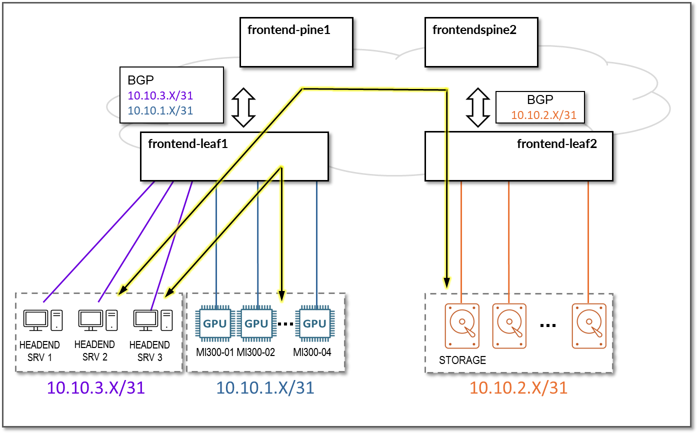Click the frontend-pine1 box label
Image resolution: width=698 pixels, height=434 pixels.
(x=289, y=29)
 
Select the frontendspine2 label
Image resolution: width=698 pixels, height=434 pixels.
(x=474, y=29)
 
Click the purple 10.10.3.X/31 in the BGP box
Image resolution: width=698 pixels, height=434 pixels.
(x=160, y=96)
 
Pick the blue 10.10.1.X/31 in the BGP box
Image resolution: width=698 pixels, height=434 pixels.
(x=160, y=110)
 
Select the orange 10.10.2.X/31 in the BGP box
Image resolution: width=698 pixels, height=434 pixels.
(x=543, y=115)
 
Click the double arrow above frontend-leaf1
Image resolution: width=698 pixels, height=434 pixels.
(x=244, y=107)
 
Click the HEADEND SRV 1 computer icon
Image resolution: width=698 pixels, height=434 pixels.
(x=43, y=320)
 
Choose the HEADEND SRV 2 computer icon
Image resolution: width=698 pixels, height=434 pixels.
(x=98, y=320)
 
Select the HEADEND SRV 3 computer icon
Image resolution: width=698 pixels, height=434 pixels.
(x=153, y=320)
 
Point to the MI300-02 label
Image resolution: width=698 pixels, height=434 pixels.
(x=255, y=352)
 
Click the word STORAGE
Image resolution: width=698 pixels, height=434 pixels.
(x=462, y=360)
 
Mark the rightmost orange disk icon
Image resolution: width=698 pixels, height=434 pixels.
(x=589, y=325)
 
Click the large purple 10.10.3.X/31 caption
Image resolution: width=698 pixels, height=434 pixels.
(x=95, y=387)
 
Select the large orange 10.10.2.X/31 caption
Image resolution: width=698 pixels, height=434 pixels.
(x=518, y=387)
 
